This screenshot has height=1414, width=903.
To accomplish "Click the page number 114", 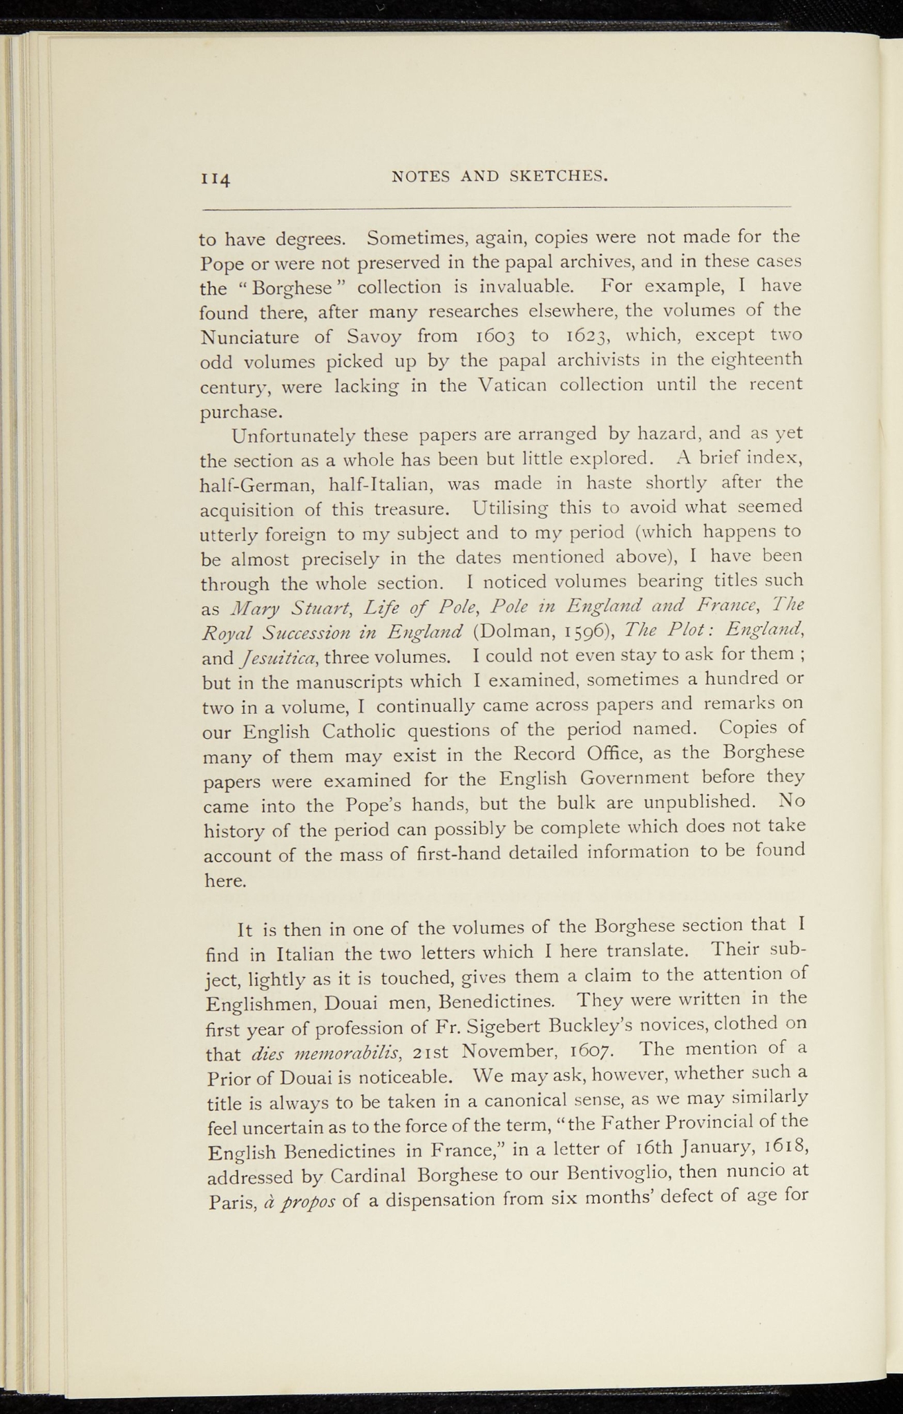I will point(215,179).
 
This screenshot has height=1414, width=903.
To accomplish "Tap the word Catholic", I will point(359,730).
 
